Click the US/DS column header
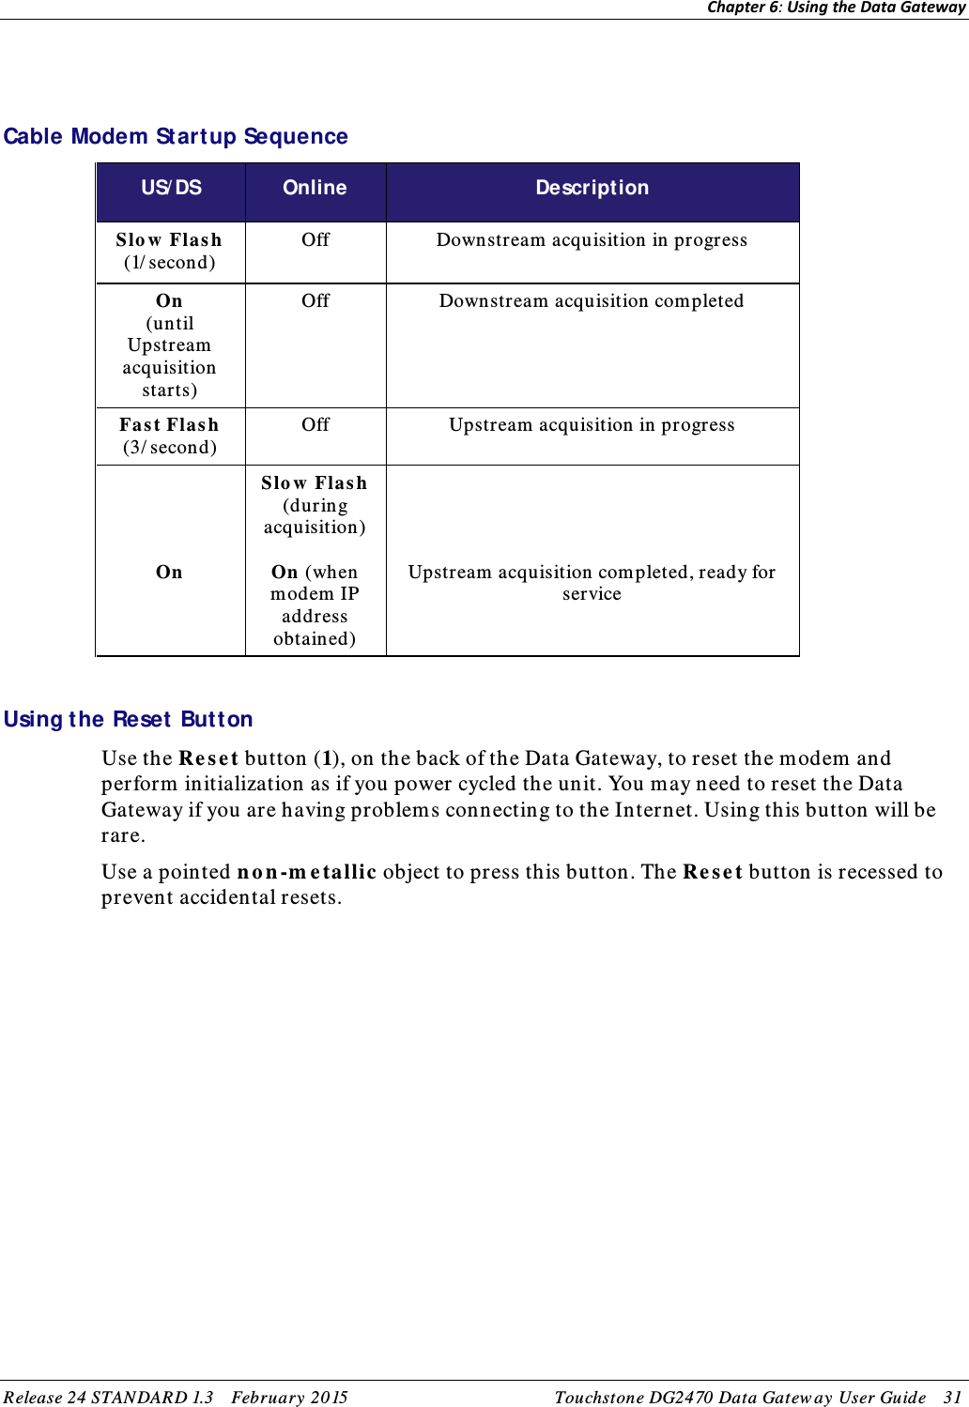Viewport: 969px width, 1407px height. point(171,188)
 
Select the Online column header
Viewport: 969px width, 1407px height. point(315,188)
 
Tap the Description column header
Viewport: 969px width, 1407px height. point(592,188)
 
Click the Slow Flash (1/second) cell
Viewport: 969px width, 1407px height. point(170,252)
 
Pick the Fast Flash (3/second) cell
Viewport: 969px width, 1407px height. point(170,436)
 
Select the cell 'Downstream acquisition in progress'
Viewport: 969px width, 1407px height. point(592,240)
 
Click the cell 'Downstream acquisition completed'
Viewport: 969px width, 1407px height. point(592,301)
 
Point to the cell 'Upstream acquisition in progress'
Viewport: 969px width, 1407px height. point(592,425)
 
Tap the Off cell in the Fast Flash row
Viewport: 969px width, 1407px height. point(315,425)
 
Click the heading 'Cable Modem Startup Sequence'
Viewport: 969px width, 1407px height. point(176,137)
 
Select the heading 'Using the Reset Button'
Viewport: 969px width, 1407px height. point(129,720)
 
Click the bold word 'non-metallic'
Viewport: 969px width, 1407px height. point(306,872)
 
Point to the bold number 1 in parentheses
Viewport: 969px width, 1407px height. point(326,758)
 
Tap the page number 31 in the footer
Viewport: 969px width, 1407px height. point(952,1398)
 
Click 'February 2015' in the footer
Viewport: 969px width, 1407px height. point(289,1398)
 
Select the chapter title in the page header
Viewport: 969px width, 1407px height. point(836,8)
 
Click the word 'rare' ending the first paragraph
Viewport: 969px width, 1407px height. point(121,836)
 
